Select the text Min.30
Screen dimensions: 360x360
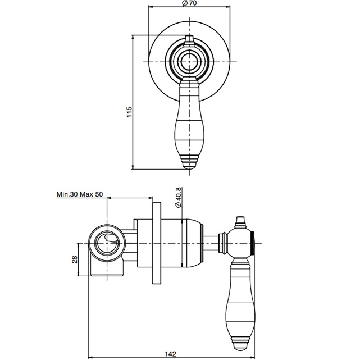[67, 194]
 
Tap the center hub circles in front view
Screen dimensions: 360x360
[189, 61]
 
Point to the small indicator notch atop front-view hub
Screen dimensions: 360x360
[189, 39]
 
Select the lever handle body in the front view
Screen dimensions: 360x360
[189, 121]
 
